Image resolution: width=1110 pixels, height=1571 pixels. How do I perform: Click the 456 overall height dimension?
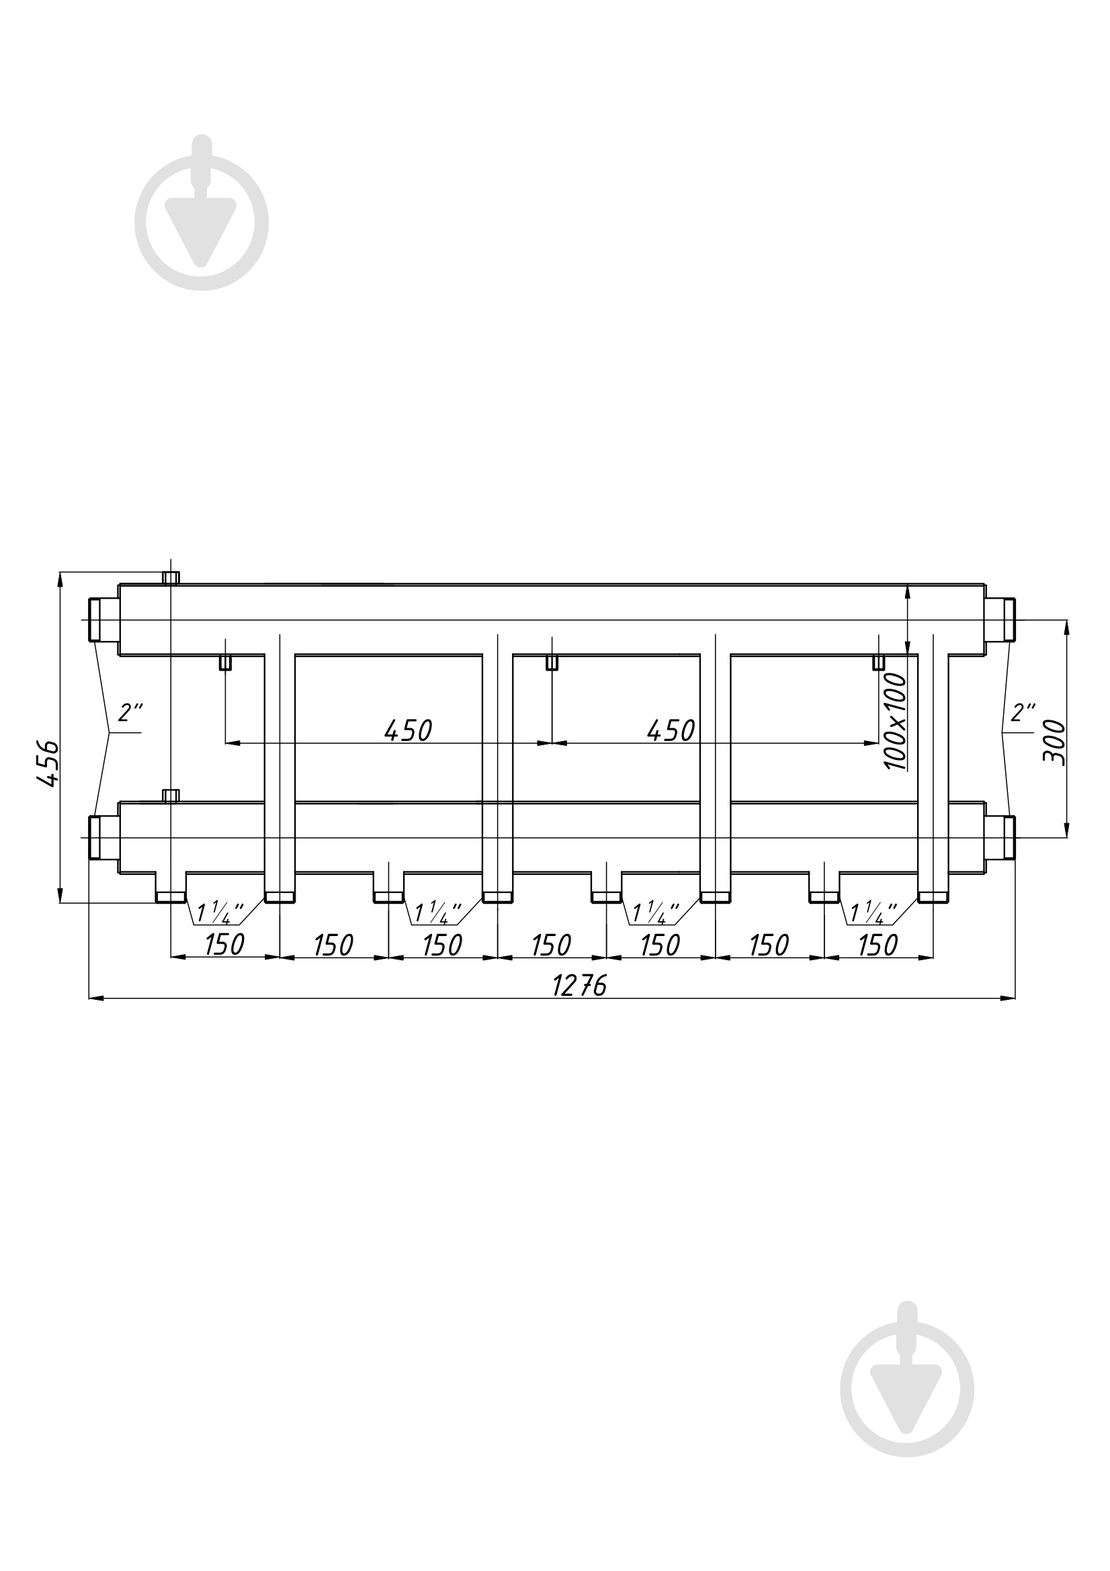[x=48, y=763]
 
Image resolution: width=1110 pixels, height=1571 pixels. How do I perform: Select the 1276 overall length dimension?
[x=580, y=986]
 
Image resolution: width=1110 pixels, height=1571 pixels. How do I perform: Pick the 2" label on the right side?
[x=1023, y=712]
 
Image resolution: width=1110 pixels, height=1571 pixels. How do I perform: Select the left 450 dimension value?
[x=409, y=731]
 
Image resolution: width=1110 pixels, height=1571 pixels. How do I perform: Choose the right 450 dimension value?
[x=671, y=731]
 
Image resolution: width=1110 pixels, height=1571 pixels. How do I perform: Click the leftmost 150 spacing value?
[x=224, y=945]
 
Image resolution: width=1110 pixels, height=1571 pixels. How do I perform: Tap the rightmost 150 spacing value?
[x=878, y=945]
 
